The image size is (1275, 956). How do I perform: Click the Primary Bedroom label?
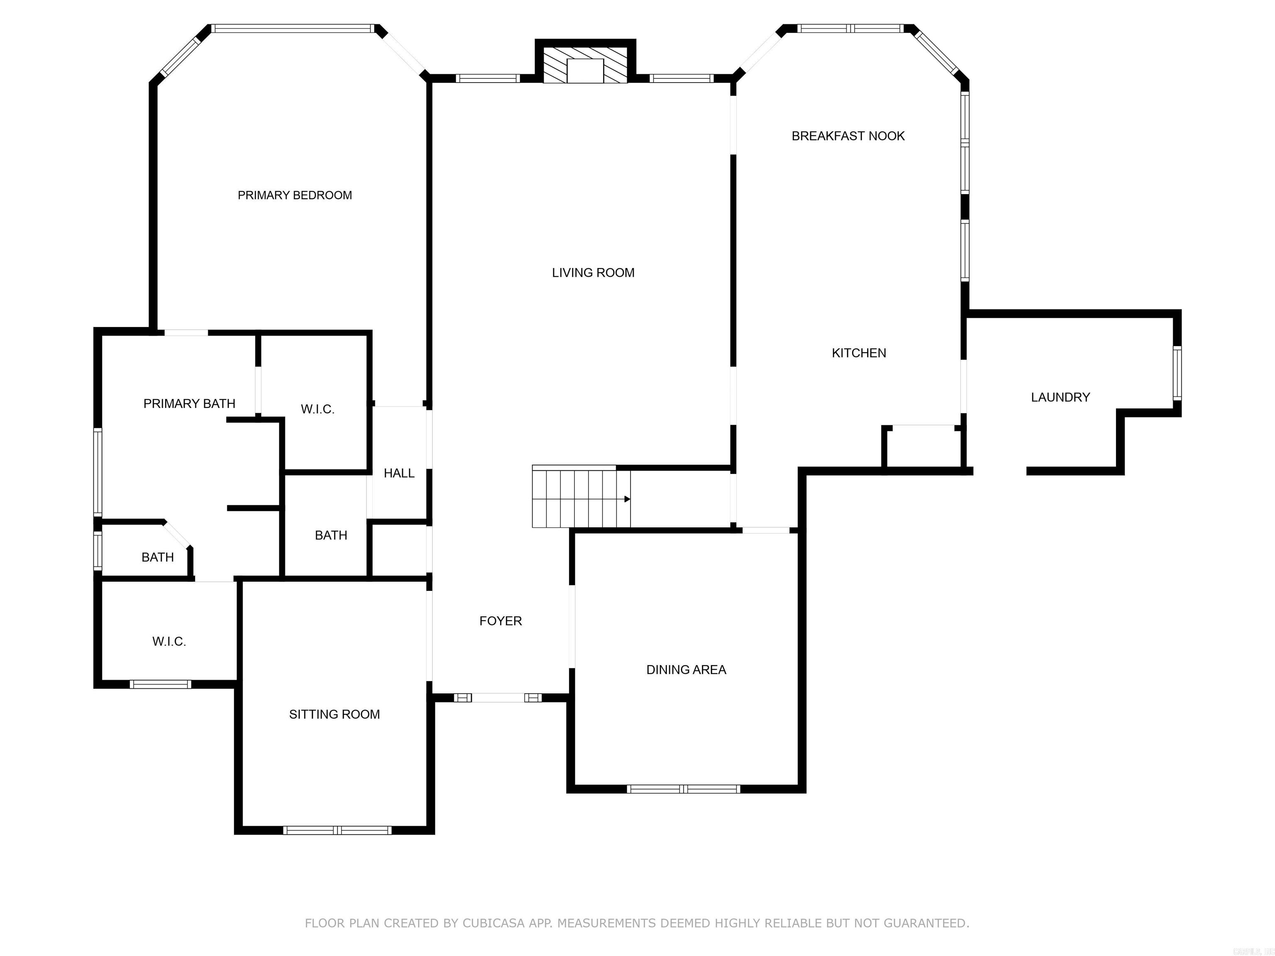click(295, 195)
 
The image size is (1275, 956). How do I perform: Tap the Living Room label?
click(593, 273)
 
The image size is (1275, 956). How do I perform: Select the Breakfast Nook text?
click(848, 136)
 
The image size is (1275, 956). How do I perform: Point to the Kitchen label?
click(858, 353)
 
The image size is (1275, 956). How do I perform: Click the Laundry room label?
click(1060, 397)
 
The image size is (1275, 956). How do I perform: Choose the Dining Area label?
click(686, 670)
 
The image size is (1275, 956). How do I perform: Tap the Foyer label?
click(500, 621)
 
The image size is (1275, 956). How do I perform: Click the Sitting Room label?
click(334, 714)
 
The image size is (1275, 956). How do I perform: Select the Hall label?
click(399, 473)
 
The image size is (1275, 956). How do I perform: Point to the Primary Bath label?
click(189, 403)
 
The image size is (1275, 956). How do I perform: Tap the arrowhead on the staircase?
click(627, 499)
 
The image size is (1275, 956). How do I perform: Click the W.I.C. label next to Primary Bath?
click(317, 409)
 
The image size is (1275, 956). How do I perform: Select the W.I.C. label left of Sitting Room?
click(169, 641)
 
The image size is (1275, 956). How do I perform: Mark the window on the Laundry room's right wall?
click(1177, 373)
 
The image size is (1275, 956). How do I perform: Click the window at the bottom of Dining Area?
click(683, 789)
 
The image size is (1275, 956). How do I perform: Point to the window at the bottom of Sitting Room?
click(337, 830)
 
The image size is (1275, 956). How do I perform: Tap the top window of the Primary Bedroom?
click(293, 28)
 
